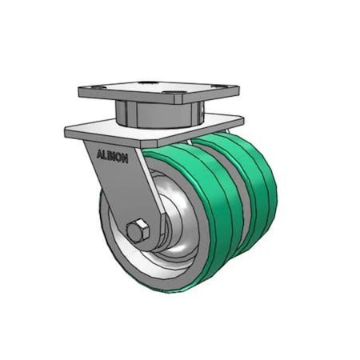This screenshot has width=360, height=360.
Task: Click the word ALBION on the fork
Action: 112,156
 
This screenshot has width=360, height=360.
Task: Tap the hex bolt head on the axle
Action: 137,231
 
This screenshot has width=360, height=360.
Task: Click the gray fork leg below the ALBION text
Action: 120,188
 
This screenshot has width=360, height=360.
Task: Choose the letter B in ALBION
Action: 109,156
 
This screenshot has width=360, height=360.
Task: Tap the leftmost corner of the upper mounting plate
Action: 78,90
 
